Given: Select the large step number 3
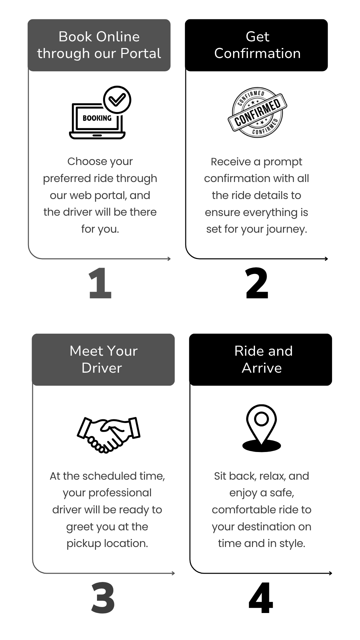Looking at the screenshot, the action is [x=103, y=598].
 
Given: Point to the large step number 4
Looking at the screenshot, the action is [x=261, y=598].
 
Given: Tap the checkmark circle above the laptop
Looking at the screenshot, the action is [x=117, y=100].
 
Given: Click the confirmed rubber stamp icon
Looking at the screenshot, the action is [x=257, y=112].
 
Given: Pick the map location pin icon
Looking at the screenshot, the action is [x=262, y=428].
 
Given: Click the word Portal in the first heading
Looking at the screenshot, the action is [x=141, y=53].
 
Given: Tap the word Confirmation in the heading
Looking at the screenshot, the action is [x=257, y=53].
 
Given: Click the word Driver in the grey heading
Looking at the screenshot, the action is [x=102, y=368].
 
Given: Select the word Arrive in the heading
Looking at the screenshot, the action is [x=262, y=368].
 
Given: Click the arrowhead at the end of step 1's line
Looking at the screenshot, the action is [x=169, y=259].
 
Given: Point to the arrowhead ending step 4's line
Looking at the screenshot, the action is [x=330, y=573].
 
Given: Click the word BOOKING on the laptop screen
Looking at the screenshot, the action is [x=97, y=118].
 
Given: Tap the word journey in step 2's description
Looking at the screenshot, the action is [x=286, y=229].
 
